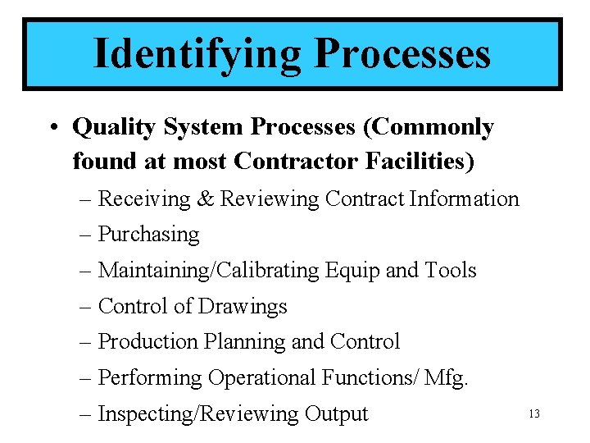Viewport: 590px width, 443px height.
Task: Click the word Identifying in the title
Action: pos(196,54)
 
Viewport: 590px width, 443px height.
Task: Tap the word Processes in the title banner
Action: pos(402,54)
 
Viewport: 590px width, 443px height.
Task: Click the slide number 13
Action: pos(534,414)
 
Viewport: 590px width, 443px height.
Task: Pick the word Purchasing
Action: pos(148,235)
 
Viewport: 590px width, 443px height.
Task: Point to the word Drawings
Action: pos(243,306)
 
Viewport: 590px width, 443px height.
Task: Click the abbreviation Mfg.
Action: pos(447,377)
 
